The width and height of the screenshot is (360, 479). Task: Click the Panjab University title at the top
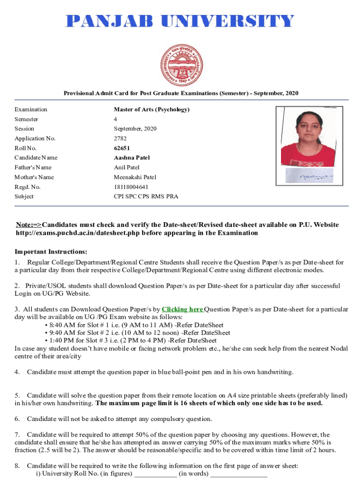(180, 21)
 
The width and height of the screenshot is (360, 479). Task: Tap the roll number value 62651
(122, 148)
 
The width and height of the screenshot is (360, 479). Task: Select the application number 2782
(120, 138)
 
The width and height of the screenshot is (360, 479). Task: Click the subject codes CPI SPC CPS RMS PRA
(146, 196)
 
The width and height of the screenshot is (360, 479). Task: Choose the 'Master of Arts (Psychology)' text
(151, 109)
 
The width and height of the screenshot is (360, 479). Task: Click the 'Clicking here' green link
(182, 309)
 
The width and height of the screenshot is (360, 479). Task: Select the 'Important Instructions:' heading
(51, 252)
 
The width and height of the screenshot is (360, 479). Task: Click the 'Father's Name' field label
(33, 167)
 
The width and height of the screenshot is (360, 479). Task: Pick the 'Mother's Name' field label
(34, 177)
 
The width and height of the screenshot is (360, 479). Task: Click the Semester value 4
(115, 119)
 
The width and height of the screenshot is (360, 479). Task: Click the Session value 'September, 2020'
(135, 129)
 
